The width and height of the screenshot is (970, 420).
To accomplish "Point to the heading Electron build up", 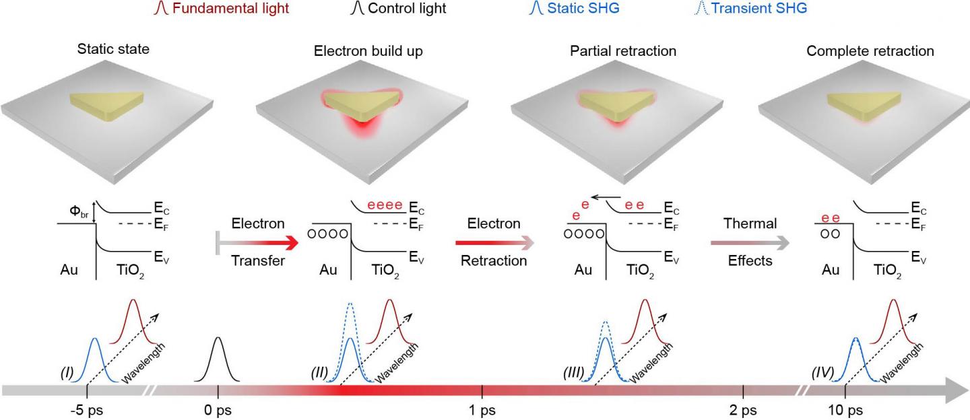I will tap(368, 51).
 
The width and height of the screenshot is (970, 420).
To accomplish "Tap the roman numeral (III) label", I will tap(577, 372).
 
